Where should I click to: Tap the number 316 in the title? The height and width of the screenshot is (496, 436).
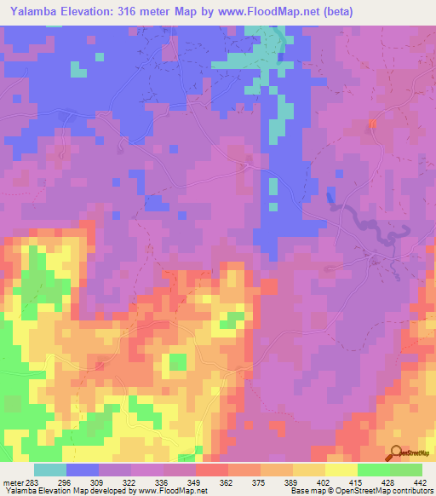pyautogui.click(x=142, y=12)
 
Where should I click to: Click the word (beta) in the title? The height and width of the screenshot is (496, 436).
pyautogui.click(x=333, y=12)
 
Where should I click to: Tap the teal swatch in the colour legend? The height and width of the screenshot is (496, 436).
pyautogui.click(x=49, y=470)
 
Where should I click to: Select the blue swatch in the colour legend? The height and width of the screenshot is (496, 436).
pyautogui.click(x=82, y=470)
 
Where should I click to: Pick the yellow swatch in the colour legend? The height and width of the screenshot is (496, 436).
pyautogui.click(x=341, y=470)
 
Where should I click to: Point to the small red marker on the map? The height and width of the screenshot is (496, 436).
pyautogui.click(x=372, y=125)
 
